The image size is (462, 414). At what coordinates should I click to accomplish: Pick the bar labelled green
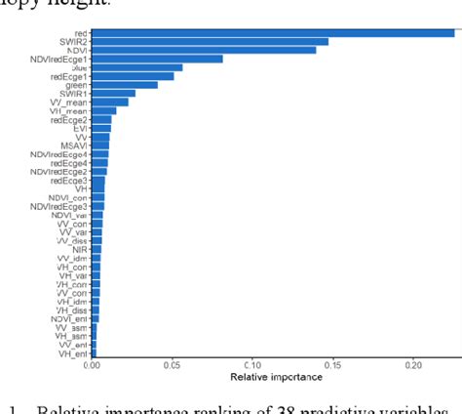pos(125,85)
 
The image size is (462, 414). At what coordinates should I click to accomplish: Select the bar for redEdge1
pos(133,76)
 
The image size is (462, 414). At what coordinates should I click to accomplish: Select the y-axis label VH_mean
pos(68,111)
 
